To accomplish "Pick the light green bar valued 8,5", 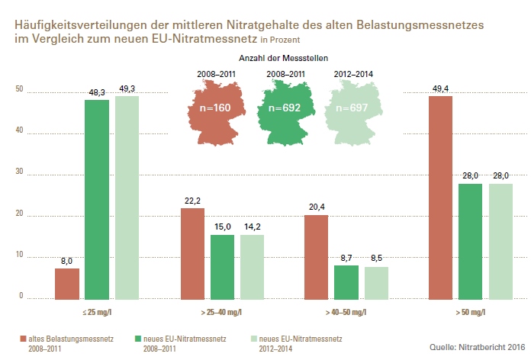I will click(x=377, y=283).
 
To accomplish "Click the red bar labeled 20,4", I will click(x=317, y=257).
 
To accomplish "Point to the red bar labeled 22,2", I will click(x=192, y=253).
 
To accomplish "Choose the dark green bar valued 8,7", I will click(x=346, y=282).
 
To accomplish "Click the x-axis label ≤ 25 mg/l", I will click(x=97, y=312).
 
